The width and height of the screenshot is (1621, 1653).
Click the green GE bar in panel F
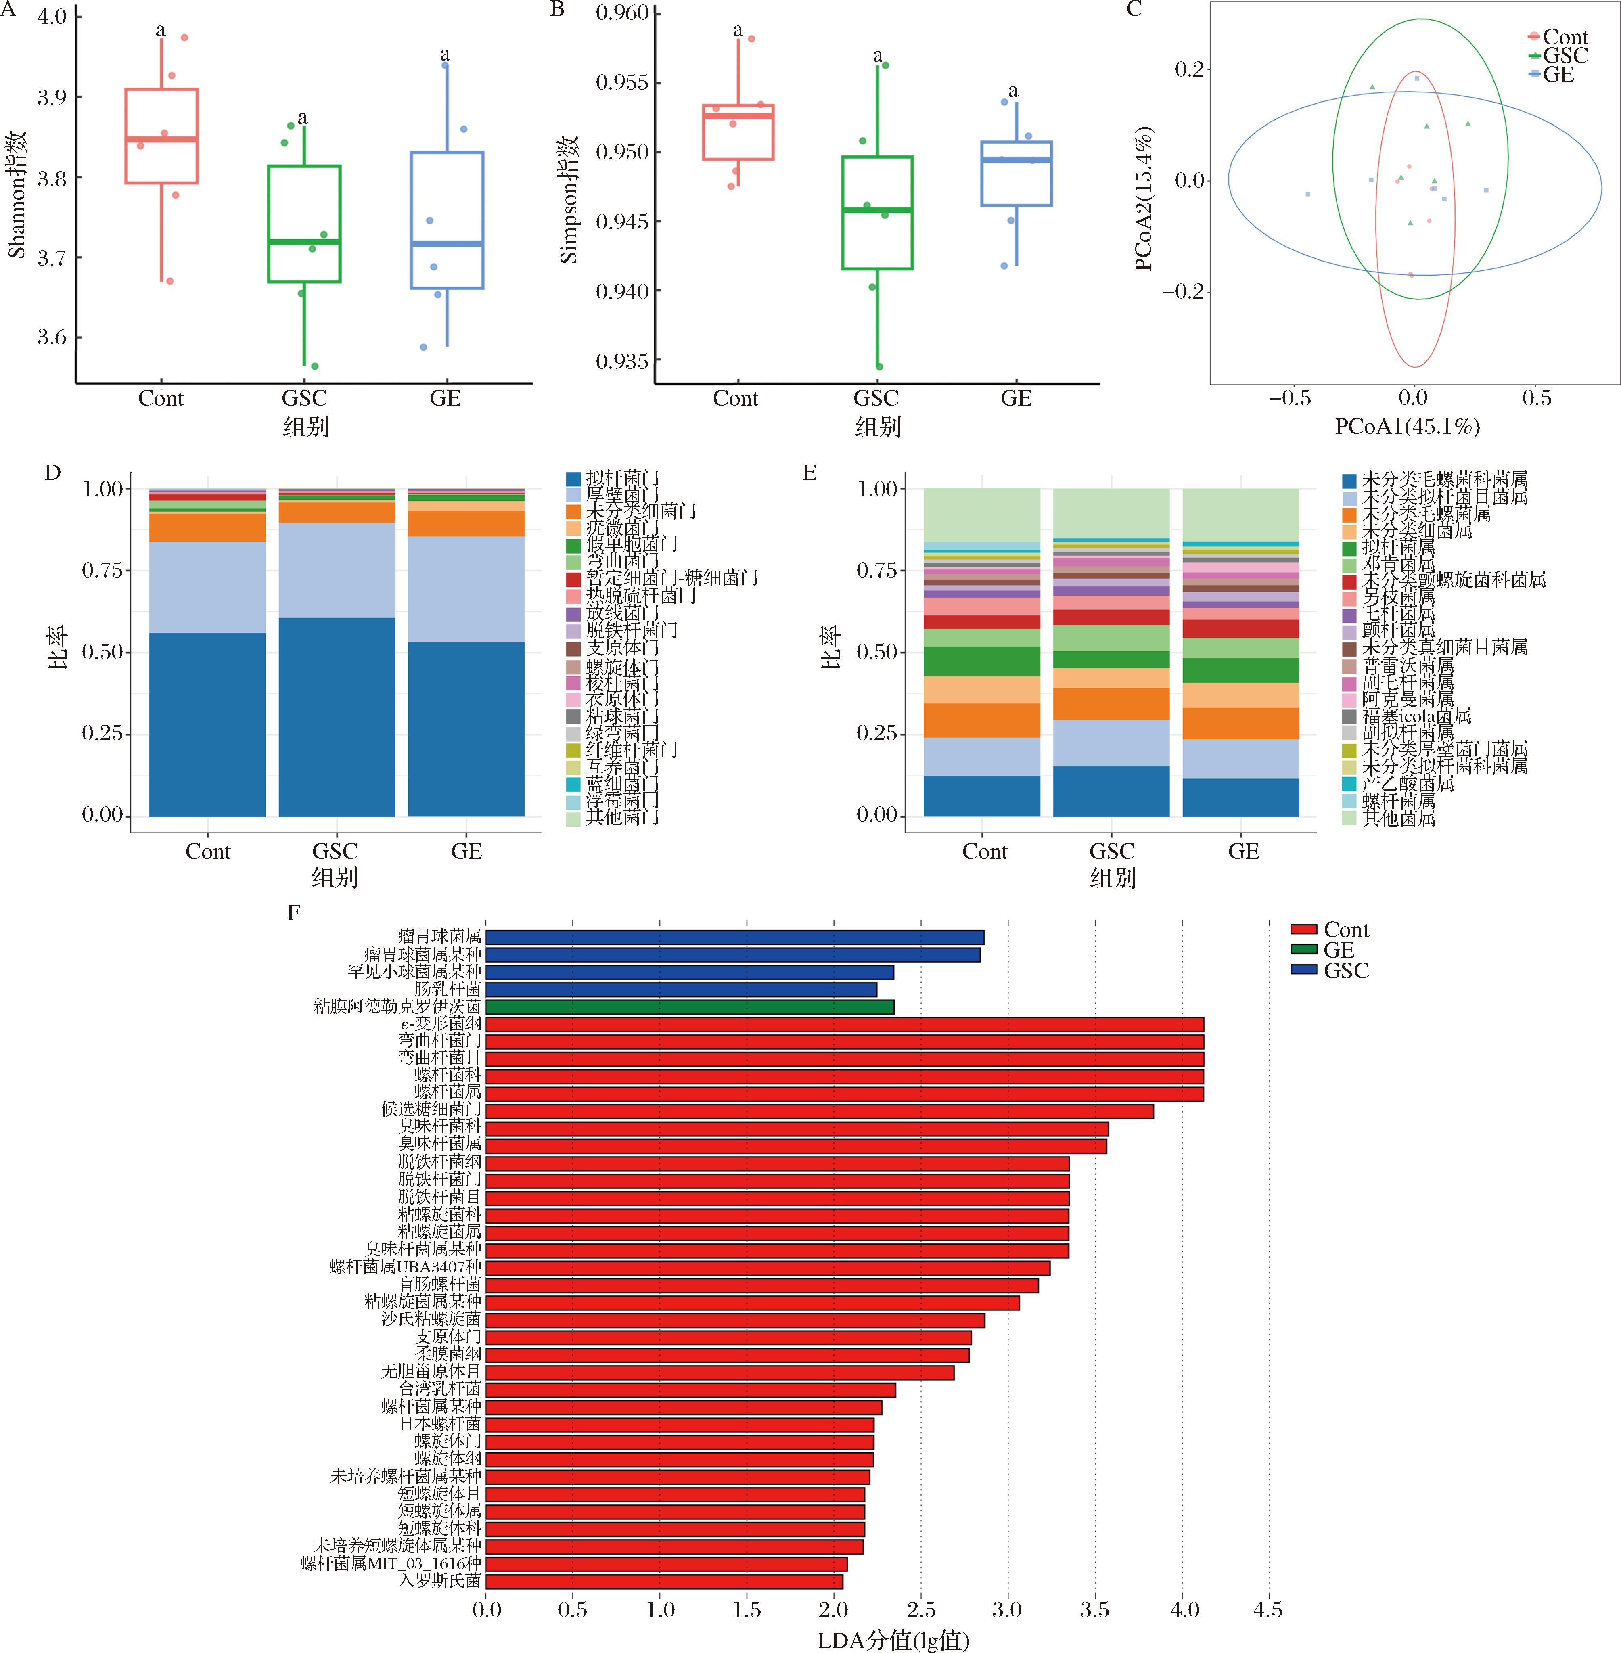click(690, 1006)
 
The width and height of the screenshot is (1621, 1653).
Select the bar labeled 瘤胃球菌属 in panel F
click(734, 937)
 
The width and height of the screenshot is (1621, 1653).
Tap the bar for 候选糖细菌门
click(819, 1111)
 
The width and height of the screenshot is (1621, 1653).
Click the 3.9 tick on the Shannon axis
click(51, 97)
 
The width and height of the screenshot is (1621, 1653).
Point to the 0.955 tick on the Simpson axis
click(621, 83)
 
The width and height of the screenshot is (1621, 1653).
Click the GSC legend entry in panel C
click(1565, 56)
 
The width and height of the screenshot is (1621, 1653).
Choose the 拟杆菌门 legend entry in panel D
click(621, 479)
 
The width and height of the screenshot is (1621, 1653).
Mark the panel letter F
click(294, 913)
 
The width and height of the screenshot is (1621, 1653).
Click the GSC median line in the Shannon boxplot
click(304, 242)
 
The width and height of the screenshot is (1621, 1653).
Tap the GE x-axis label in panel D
click(466, 852)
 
